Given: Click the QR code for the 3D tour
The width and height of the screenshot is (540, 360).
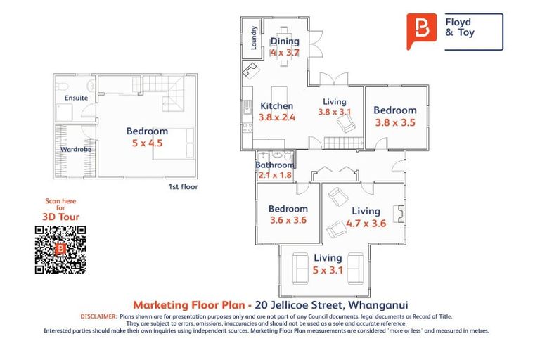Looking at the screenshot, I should point(60,250).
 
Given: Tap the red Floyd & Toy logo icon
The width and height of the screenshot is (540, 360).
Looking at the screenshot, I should point(421,30).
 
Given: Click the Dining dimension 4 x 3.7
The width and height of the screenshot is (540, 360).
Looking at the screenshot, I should point(285,52).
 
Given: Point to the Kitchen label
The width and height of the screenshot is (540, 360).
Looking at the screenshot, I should point(276,106).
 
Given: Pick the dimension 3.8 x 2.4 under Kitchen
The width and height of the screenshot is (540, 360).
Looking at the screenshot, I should point(276,117).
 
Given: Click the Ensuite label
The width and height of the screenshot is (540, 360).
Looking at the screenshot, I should point(76,98).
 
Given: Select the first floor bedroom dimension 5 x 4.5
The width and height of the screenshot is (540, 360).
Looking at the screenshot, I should point(147,143).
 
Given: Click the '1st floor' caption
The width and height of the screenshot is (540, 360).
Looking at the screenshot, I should point(183,187).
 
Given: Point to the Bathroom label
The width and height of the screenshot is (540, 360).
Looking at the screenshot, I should point(274,165).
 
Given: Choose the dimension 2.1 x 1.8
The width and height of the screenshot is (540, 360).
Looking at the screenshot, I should point(274,175).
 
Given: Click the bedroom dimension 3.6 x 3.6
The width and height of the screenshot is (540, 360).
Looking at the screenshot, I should point(288,220).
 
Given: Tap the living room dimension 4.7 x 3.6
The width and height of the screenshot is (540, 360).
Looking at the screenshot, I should point(366,224).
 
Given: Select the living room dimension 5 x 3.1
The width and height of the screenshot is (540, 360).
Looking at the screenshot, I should point(328,269).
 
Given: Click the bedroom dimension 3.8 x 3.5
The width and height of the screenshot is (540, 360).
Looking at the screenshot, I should point(394,122).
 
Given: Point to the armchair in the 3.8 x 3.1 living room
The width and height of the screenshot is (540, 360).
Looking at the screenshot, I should point(346,124).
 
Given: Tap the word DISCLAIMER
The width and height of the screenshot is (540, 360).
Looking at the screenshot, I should point(98,317).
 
